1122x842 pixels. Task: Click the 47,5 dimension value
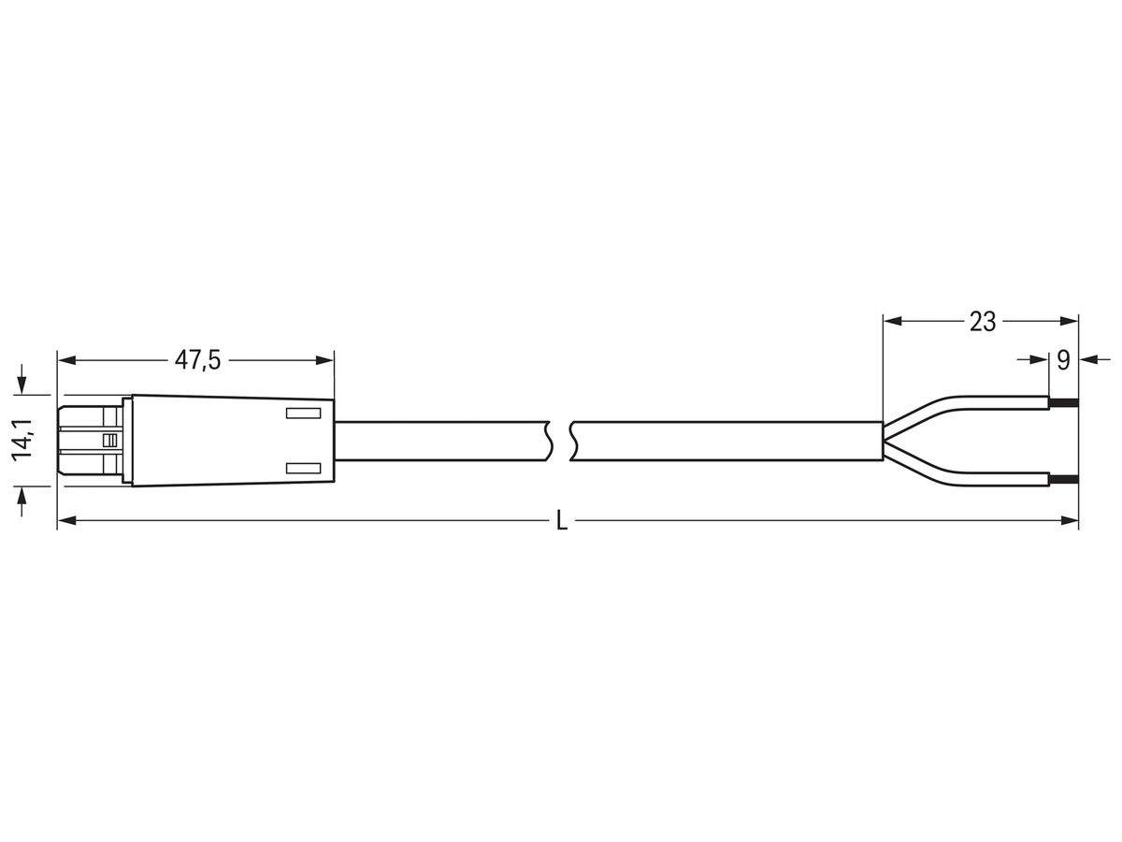click(x=197, y=360)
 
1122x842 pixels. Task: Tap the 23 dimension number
click(x=982, y=322)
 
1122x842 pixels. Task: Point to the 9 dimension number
click(x=1063, y=360)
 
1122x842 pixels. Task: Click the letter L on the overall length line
click(x=561, y=521)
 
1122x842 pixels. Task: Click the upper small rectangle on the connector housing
click(x=302, y=413)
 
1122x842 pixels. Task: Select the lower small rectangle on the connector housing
click(x=302, y=467)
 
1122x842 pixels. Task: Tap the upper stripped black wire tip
click(x=1064, y=403)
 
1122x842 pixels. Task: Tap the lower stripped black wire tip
click(x=1064, y=480)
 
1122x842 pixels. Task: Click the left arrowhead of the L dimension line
click(x=66, y=520)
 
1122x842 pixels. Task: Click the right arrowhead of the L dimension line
click(x=1070, y=520)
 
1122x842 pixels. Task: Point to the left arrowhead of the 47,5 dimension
click(x=66, y=359)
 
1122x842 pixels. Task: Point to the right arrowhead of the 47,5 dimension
click(x=324, y=359)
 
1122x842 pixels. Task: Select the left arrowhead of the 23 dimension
click(x=892, y=321)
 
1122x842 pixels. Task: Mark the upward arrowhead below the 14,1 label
click(x=22, y=495)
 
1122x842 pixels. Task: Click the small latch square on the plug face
click(x=109, y=440)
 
